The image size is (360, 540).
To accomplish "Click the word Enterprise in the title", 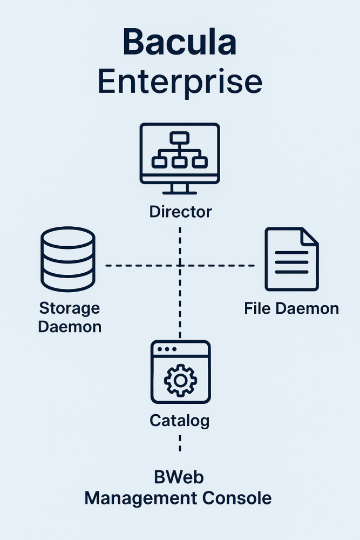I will (180, 82).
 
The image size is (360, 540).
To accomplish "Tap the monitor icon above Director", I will (180, 157).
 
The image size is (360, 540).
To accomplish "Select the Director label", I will (180, 211).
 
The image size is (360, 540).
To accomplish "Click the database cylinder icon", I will (68, 259).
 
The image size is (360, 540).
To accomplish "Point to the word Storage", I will (70, 308).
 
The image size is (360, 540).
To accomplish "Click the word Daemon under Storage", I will (70, 327).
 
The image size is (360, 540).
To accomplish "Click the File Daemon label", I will (291, 308).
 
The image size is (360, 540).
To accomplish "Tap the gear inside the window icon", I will (180, 380).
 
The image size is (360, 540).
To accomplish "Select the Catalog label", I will (180, 420).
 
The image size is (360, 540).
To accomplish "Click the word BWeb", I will (179, 478).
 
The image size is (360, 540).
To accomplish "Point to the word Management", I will (138, 498).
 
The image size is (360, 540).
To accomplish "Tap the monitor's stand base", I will (180, 192).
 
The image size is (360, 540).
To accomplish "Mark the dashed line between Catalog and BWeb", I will (180, 444).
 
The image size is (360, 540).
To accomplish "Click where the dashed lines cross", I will (180, 265).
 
